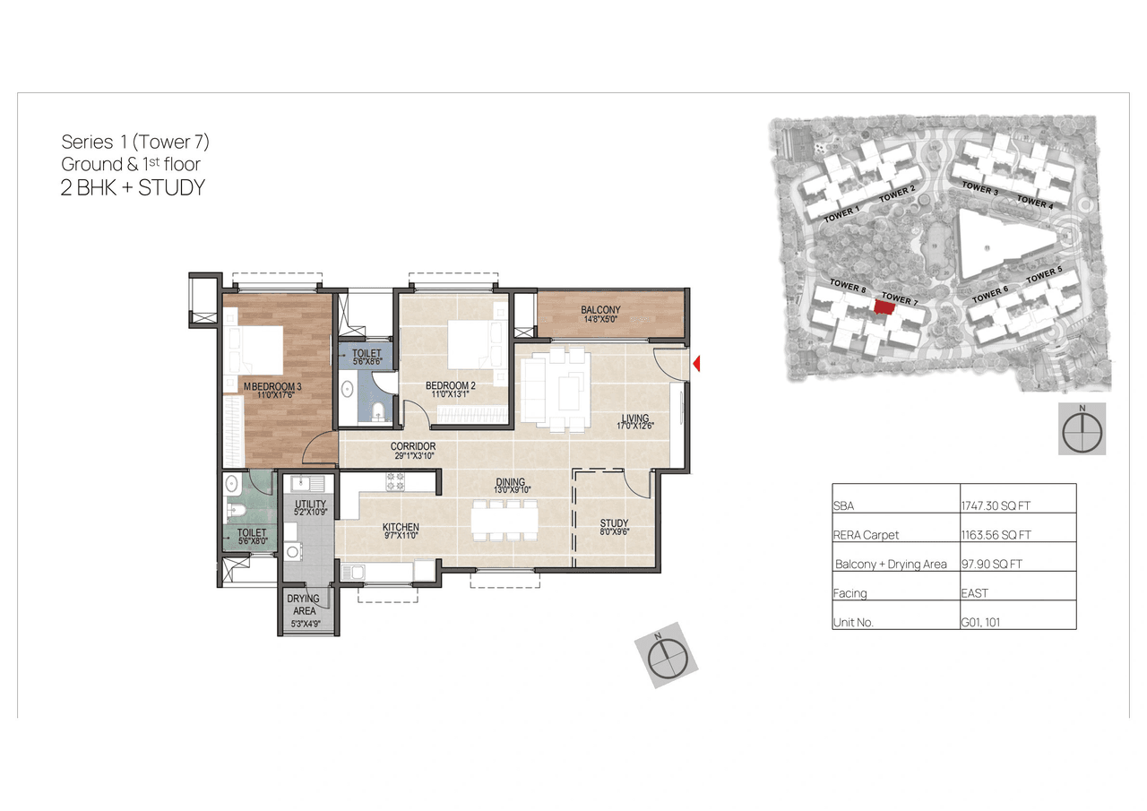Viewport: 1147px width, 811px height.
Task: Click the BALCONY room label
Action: point(600,311)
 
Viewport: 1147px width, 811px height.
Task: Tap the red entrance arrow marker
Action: point(697,364)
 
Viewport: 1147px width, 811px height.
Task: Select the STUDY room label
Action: point(614,523)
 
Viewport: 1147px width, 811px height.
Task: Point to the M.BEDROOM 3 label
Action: point(272,386)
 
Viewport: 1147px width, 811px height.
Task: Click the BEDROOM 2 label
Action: point(449,386)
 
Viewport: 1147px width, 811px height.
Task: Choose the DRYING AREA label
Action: point(304,605)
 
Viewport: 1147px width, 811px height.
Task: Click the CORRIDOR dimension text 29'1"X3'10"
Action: point(413,456)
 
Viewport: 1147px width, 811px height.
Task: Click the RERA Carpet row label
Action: point(866,535)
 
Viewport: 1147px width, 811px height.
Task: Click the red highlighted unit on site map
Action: point(884,307)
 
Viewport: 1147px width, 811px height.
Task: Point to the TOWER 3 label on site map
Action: point(979,188)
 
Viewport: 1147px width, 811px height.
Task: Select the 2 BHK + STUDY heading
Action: point(133,187)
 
